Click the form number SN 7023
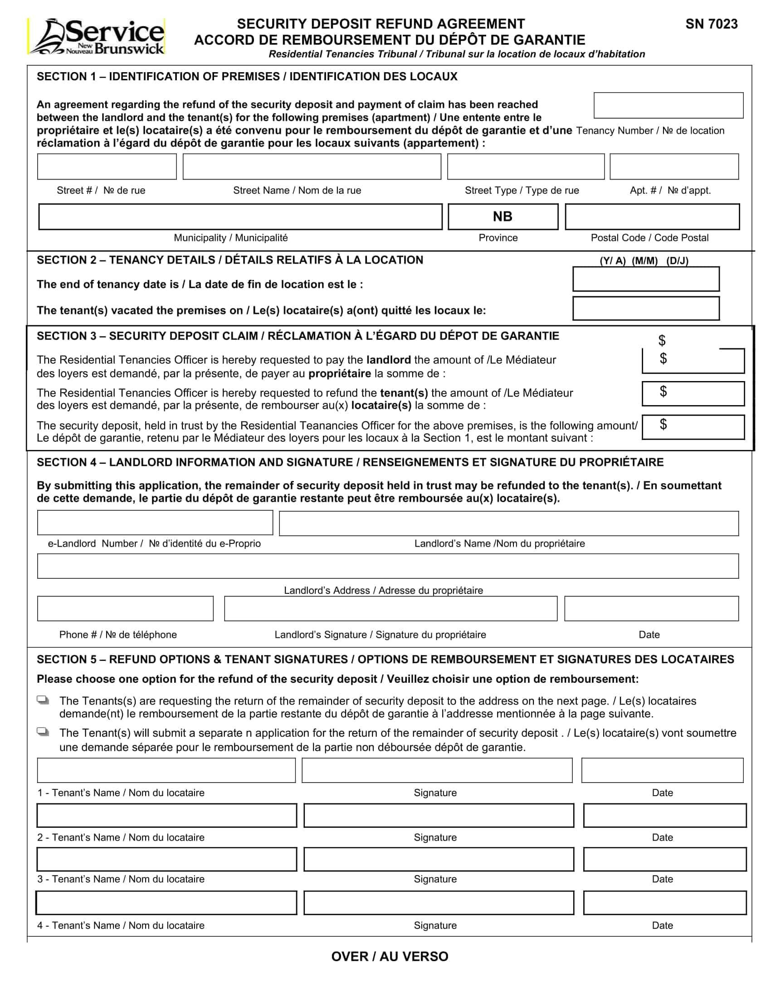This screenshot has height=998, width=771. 711,24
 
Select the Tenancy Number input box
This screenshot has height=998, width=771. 668,106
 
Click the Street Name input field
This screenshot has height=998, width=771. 312,166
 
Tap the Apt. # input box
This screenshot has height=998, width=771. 673,166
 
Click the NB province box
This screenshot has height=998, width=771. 503,216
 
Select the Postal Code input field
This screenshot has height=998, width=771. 652,216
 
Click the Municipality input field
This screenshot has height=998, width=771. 240,216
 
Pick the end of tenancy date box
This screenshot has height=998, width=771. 646,279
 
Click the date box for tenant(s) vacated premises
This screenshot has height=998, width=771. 646,308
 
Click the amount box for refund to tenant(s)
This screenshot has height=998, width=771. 693,393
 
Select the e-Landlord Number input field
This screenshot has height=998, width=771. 155,523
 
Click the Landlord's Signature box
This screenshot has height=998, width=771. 390,608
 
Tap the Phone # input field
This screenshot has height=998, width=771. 125,608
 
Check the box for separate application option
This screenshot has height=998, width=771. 43,732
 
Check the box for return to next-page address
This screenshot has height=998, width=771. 43,700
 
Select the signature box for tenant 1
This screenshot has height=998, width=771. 437,770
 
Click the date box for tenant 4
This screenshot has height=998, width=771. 664,902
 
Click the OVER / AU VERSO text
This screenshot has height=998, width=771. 390,956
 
